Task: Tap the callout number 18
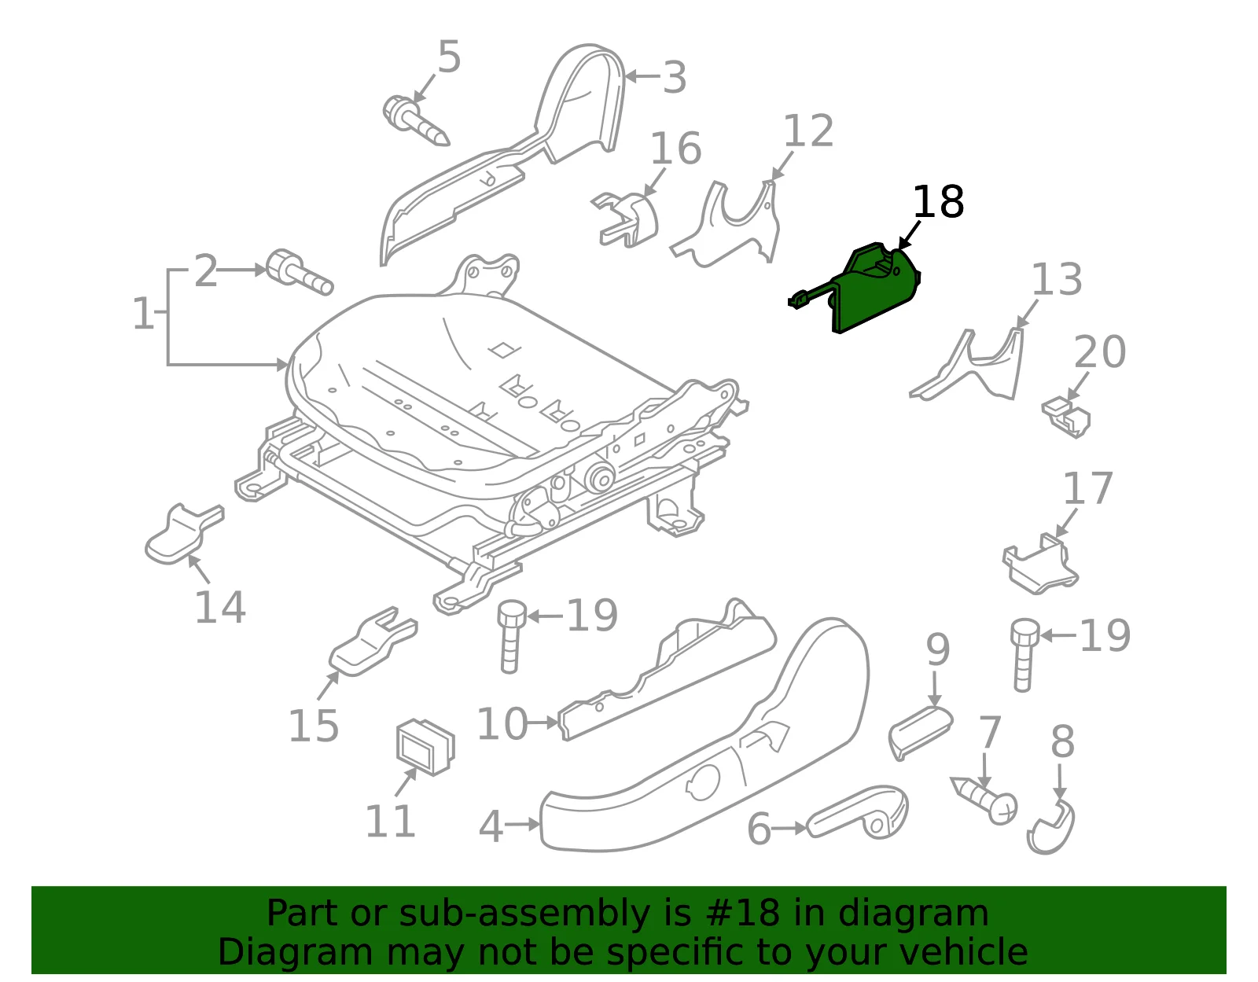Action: tap(939, 202)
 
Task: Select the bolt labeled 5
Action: tap(416, 122)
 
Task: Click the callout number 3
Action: tap(675, 77)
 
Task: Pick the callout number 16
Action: tap(676, 148)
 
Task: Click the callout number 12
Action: tap(808, 131)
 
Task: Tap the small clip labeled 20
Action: tap(1066, 416)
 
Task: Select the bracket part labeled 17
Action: tap(1040, 565)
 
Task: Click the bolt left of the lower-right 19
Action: tap(1024, 654)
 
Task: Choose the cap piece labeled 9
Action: tap(919, 731)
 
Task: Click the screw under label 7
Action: tap(984, 800)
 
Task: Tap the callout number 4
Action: tap(491, 826)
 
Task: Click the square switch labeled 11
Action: tap(425, 746)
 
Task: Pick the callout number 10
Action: tap(502, 723)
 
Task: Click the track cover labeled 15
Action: tap(372, 641)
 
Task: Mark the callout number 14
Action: tap(220, 607)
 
